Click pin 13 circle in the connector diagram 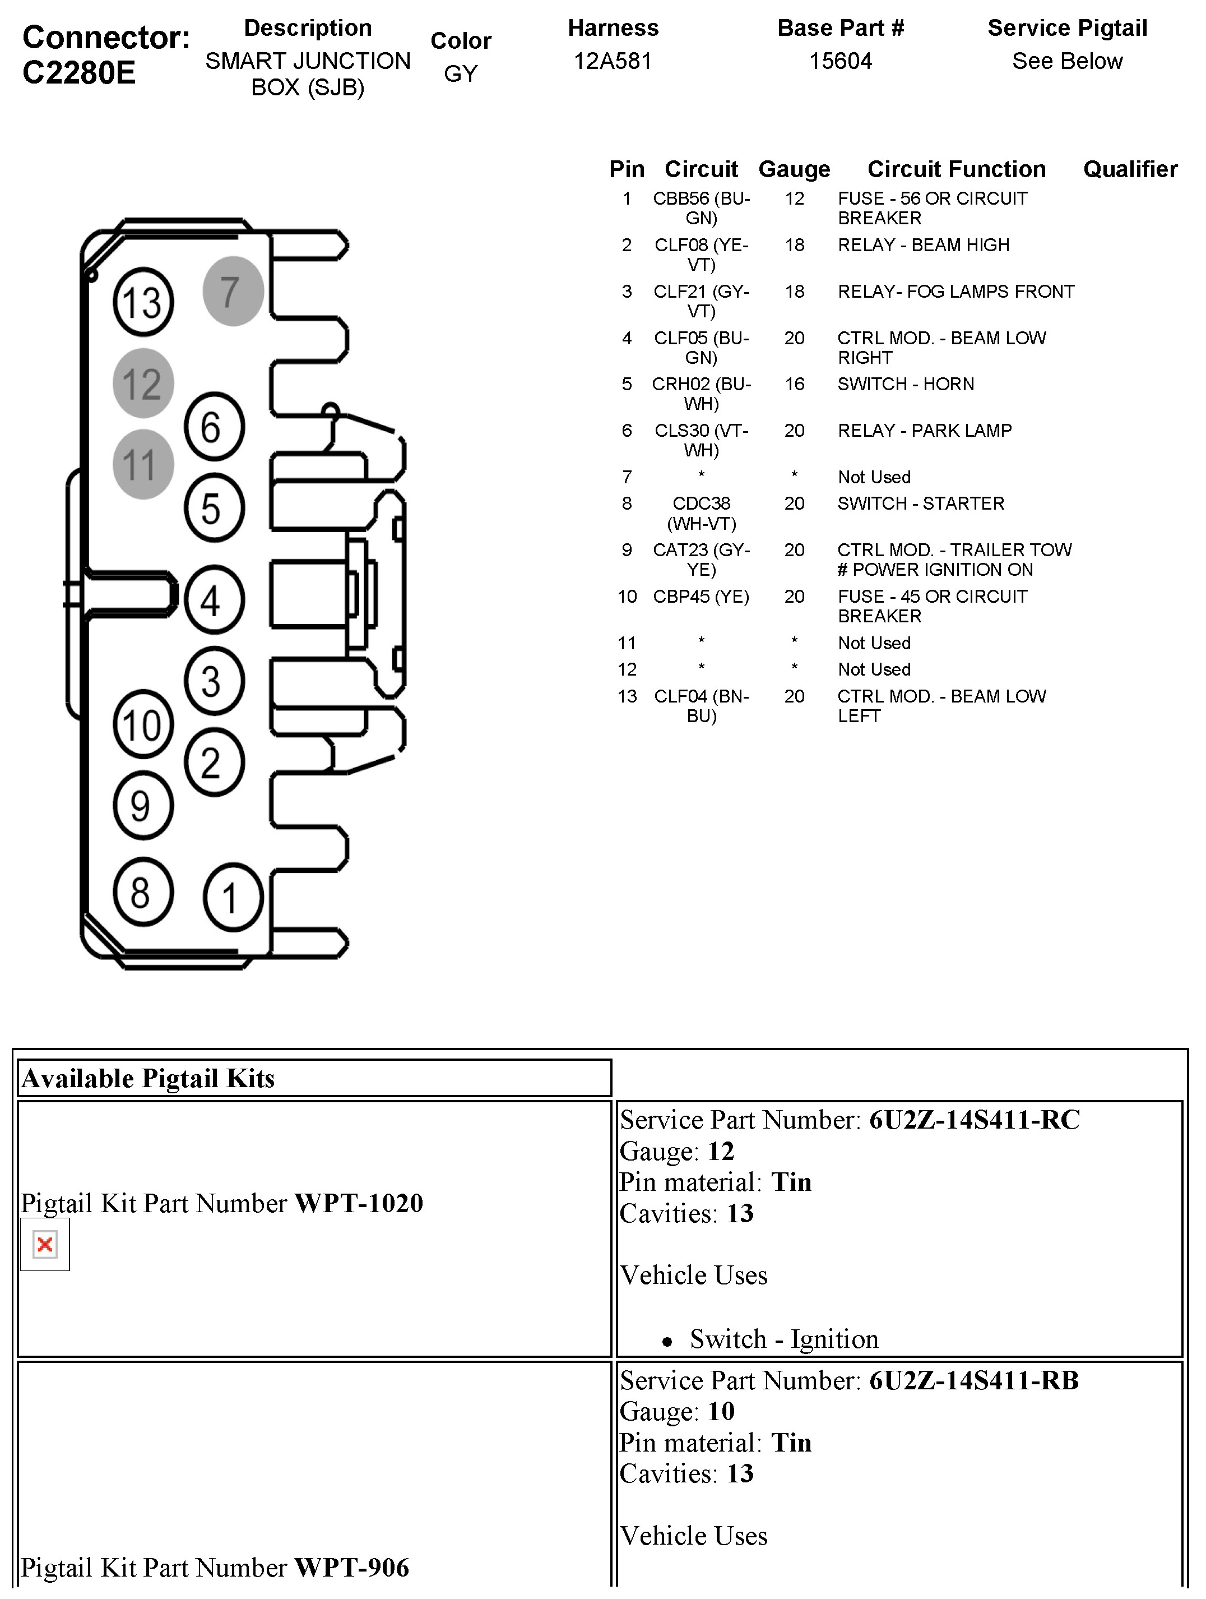tap(143, 302)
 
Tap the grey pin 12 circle tap(143, 383)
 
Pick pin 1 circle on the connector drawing tap(233, 897)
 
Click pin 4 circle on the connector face tap(214, 599)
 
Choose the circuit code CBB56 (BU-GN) tap(701, 208)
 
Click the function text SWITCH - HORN tap(906, 384)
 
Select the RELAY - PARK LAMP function tap(924, 431)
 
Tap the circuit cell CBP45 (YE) tap(701, 597)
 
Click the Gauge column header tap(794, 169)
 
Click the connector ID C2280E tap(80, 73)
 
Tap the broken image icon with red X tap(45, 1244)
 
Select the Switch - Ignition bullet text tap(784, 1339)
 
